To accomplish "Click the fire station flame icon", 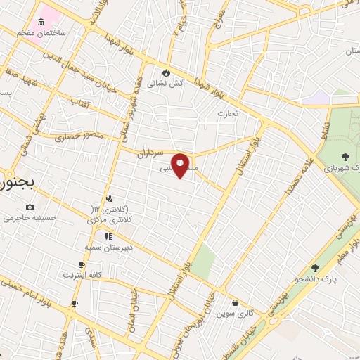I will pos(166,72).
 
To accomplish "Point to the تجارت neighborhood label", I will pos(228,112).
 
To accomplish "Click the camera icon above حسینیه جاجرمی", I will pos(30,207).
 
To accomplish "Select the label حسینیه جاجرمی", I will pos(29,218).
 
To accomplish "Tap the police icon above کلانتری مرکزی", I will pos(108,199).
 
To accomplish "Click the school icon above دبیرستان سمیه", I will pos(108,236).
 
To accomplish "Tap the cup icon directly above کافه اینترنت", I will pos(82,264).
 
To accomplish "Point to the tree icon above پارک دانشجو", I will pos(314,268).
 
